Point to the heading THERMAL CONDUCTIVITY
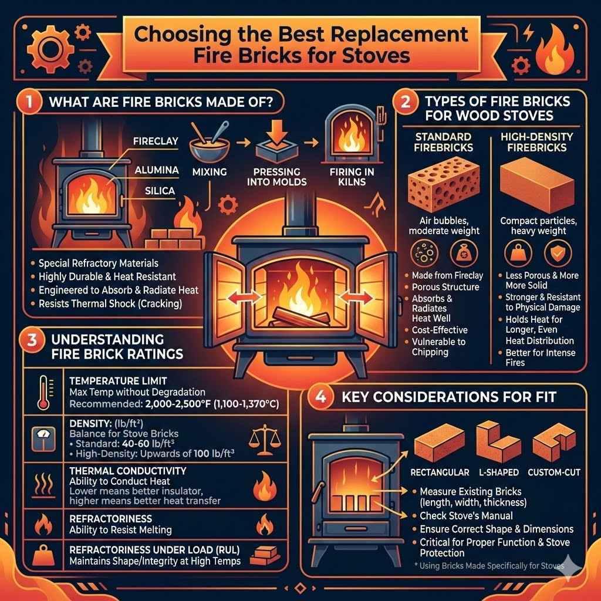[x=127, y=471]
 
